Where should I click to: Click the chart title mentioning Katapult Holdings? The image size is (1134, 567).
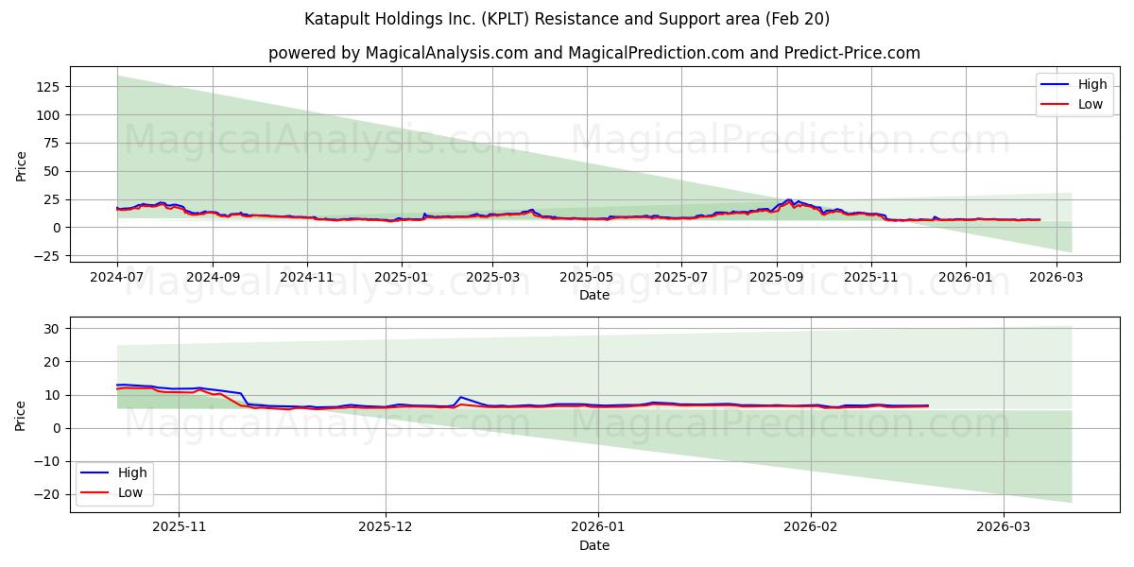567,19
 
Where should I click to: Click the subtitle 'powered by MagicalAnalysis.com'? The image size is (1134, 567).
397,53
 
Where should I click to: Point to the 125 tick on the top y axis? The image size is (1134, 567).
47,87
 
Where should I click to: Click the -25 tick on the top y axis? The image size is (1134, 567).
47,256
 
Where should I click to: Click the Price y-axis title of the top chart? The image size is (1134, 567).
21,165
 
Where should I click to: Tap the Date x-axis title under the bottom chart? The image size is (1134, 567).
593,546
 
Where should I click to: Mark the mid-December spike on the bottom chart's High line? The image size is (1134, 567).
460,397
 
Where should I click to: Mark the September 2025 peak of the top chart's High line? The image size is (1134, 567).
788,199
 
